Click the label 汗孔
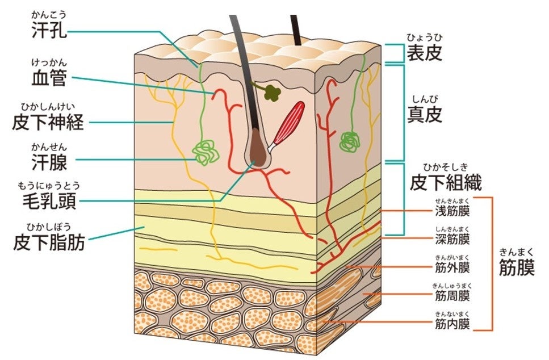pos(50,30)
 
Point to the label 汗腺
pos(50,162)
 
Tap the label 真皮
pos(424,115)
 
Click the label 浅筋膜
pos(452,212)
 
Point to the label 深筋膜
pos(452,238)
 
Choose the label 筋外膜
pos(452,267)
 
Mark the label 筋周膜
pos(452,295)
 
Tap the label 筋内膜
pos(452,324)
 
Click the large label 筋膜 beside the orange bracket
pos(517,267)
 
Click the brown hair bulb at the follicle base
pos(259,156)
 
